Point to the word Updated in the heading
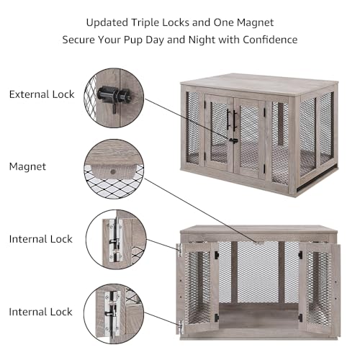click(108, 22)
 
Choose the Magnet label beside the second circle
click(27, 166)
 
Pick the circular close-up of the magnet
click(114, 167)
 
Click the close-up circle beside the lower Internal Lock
click(114, 311)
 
